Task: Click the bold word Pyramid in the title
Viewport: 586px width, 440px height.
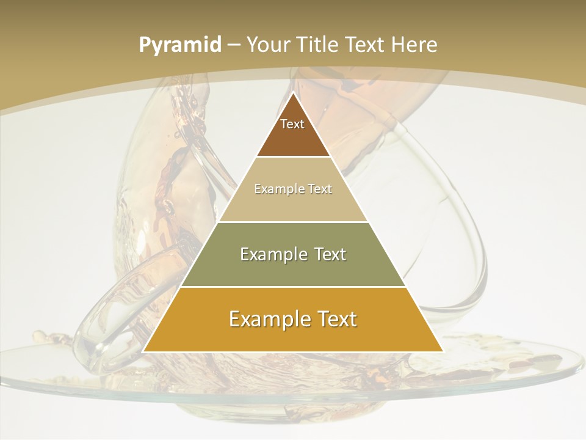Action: point(180,45)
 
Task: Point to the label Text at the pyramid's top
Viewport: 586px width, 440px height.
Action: point(292,124)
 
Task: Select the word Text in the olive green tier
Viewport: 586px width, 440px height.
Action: point(329,254)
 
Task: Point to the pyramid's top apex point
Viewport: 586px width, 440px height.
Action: point(293,94)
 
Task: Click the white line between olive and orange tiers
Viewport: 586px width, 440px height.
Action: point(293,287)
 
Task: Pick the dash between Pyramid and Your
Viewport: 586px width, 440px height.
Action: point(234,45)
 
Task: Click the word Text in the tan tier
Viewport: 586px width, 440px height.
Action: point(320,189)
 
